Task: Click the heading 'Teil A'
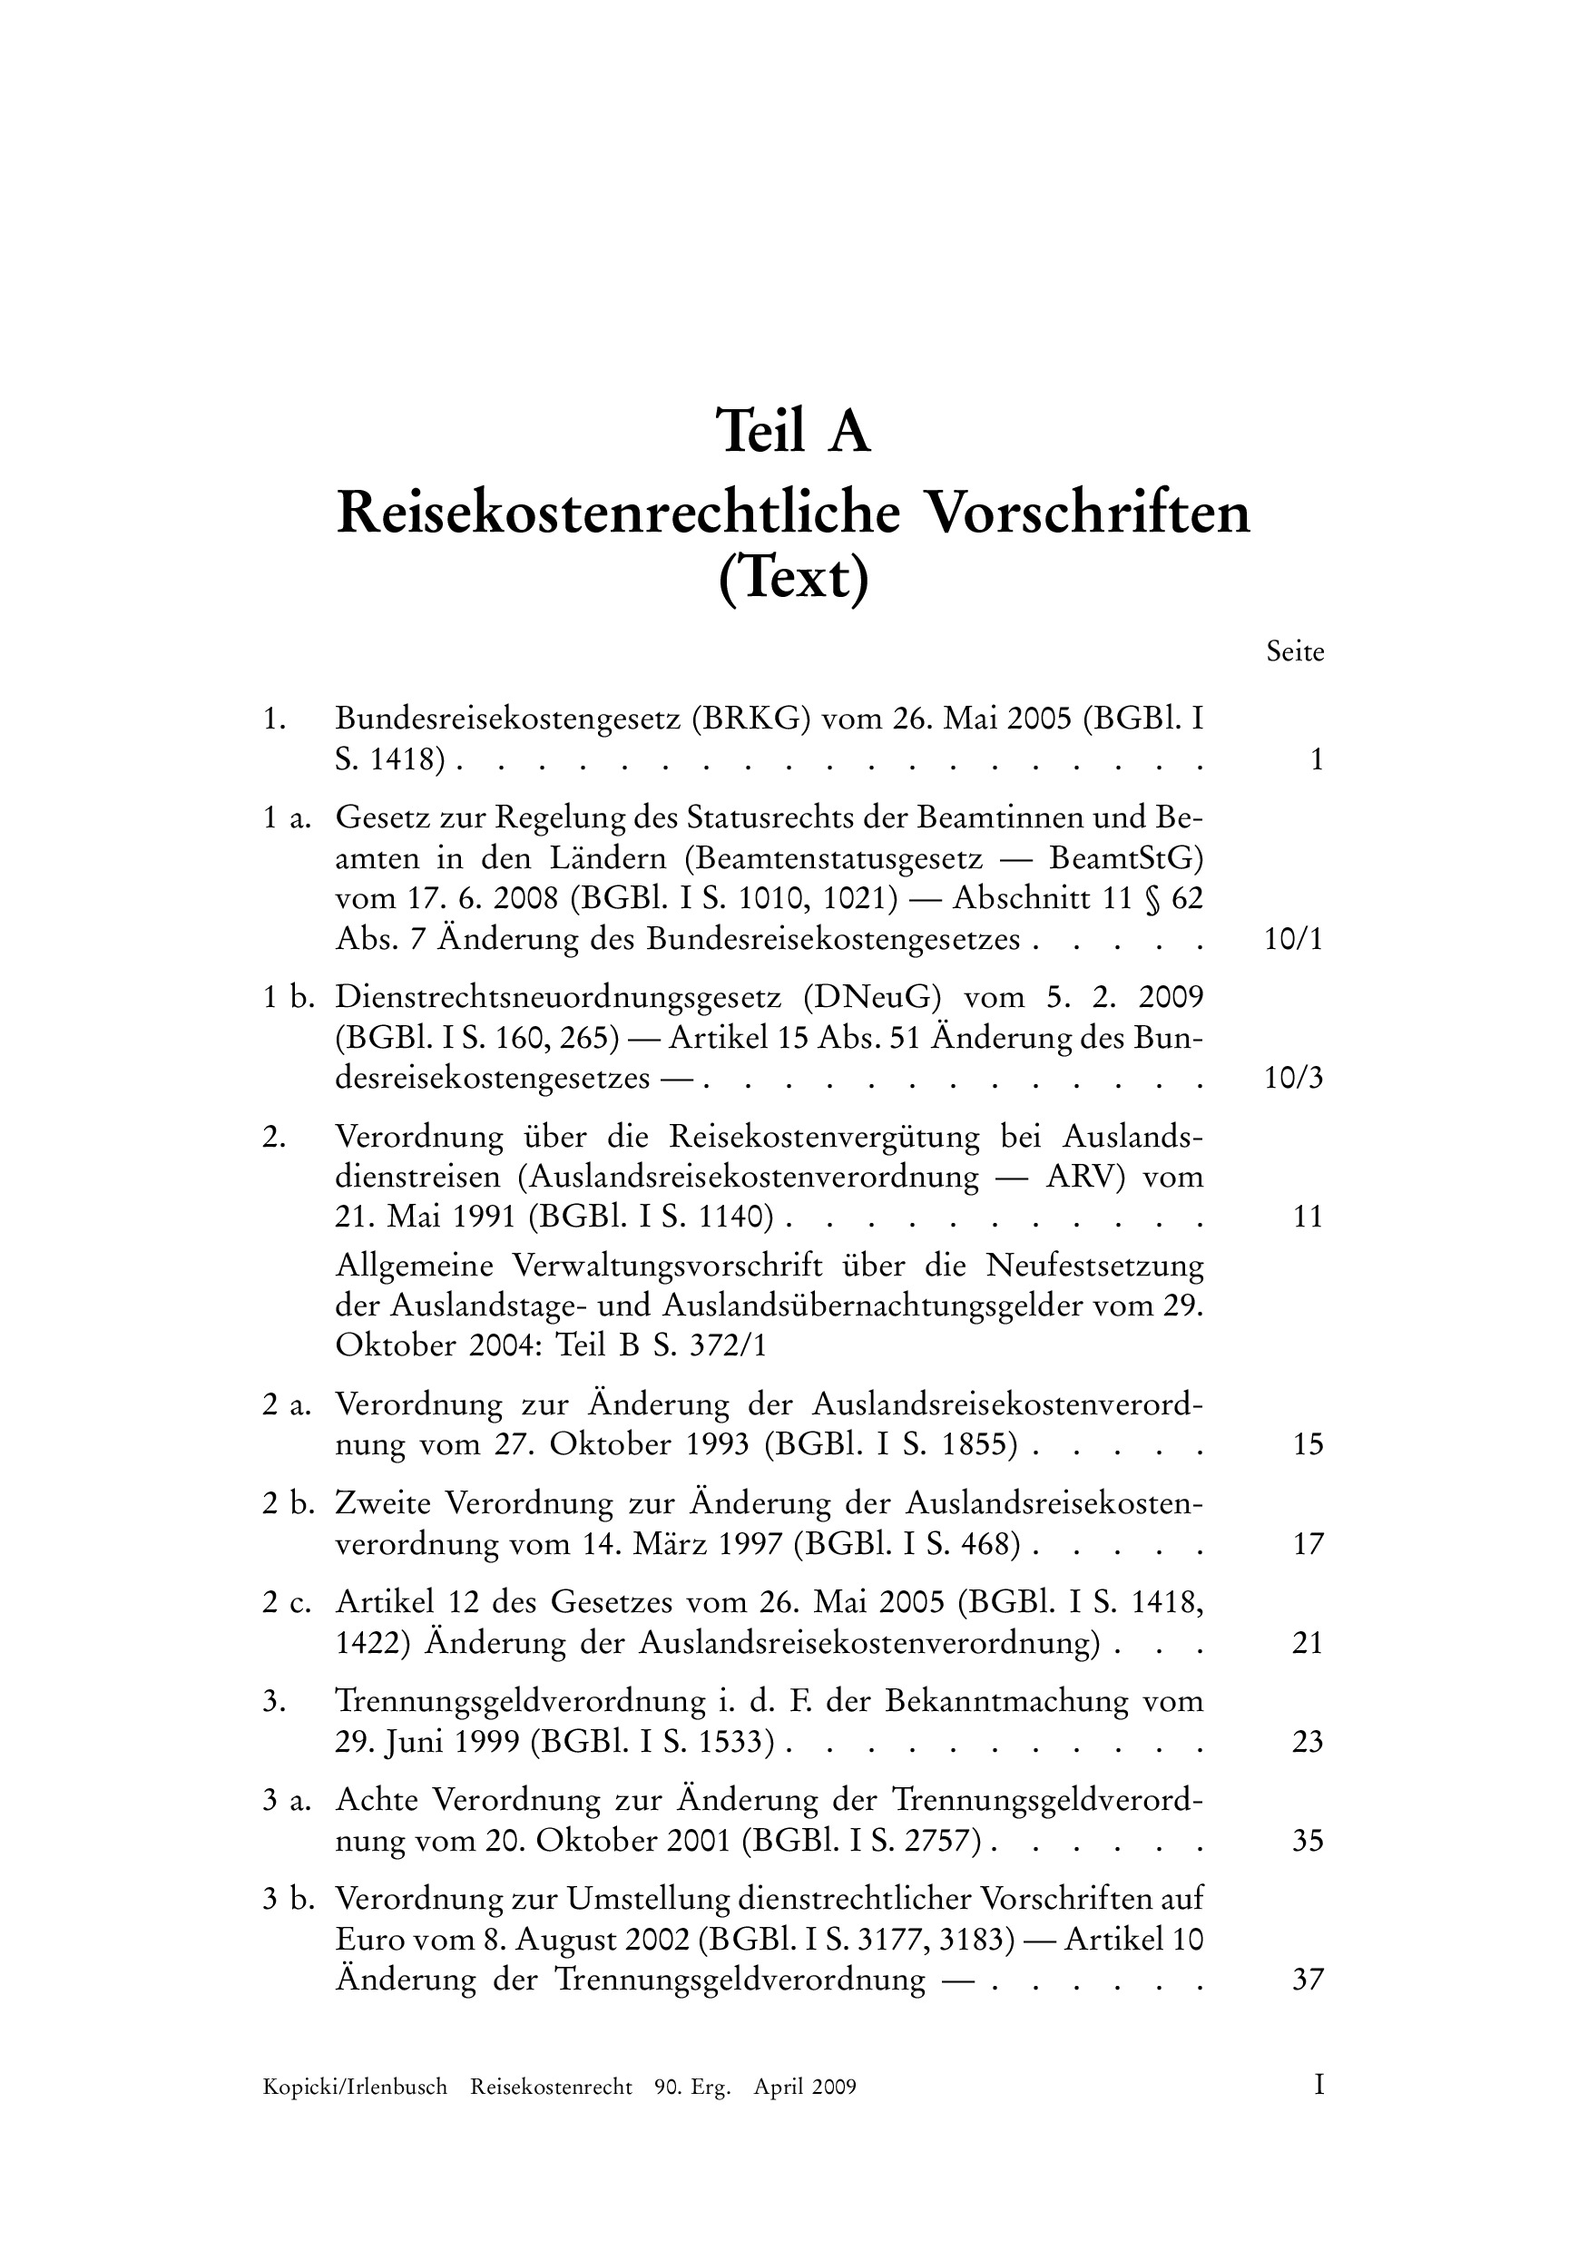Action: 792,432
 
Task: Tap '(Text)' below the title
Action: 792,581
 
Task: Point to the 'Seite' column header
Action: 1294,652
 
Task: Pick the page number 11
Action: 1308,1217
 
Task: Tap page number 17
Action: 1308,1545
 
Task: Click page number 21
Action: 1308,1643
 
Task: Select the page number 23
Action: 1308,1742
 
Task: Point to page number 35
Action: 1308,1842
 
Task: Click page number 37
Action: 1308,1980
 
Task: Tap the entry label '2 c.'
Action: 286,1602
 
